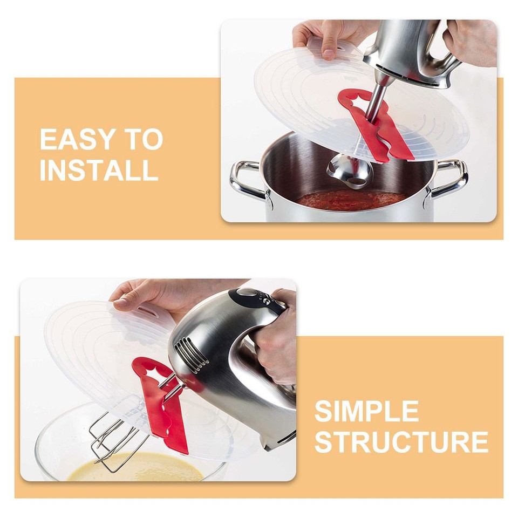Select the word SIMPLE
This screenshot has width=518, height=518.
click(x=366, y=412)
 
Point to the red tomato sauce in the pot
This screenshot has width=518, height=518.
click(x=351, y=201)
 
